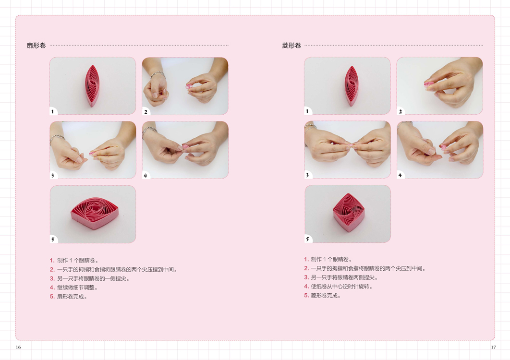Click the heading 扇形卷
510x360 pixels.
click(36, 46)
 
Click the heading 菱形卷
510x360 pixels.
click(291, 46)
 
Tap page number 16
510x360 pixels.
click(18, 348)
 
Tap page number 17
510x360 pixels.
click(493, 348)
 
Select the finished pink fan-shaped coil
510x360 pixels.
click(95, 213)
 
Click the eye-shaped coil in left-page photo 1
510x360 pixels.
click(92, 86)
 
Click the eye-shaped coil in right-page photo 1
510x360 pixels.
click(351, 86)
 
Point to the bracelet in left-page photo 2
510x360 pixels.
click(158, 75)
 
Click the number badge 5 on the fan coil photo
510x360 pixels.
click(53, 240)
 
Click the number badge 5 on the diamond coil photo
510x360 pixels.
click(307, 240)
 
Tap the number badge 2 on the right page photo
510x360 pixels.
click(401, 111)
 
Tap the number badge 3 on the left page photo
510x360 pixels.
click(53, 176)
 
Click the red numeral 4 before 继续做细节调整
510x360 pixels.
click(52, 288)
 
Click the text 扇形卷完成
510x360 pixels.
click(72, 297)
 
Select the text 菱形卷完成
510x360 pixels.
click(326, 296)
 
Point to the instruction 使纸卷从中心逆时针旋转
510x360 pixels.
click(341, 287)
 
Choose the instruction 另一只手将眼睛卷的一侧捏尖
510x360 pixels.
click(93, 279)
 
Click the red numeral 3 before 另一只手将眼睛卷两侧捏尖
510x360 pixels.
click(306, 277)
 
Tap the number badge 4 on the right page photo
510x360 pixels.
click(401, 175)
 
